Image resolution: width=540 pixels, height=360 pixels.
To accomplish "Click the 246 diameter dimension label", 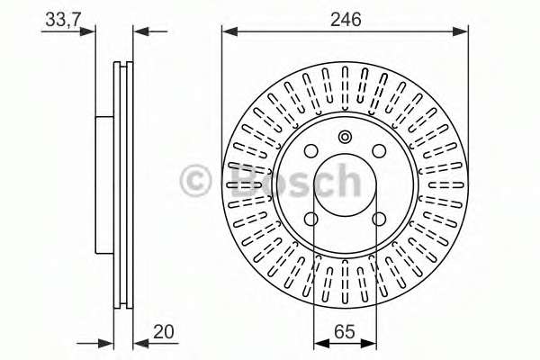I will pyautogui.click(x=345, y=18).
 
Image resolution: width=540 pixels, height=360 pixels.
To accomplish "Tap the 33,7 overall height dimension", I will pyautogui.click(x=59, y=18).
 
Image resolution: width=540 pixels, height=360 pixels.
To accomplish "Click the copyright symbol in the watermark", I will pyautogui.click(x=198, y=182).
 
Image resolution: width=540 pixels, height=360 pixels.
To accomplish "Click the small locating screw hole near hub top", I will pyautogui.click(x=345, y=137).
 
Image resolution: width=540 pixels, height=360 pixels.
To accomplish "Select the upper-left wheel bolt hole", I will pyautogui.click(x=311, y=152).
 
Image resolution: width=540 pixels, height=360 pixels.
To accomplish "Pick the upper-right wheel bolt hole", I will pyautogui.click(x=380, y=152).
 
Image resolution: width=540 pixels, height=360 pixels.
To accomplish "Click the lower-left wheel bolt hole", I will pyautogui.click(x=311, y=219).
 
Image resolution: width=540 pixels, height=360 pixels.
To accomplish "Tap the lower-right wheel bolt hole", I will pyautogui.click(x=380, y=219).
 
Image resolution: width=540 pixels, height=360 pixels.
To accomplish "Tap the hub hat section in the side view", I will pyautogui.click(x=103, y=184).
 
